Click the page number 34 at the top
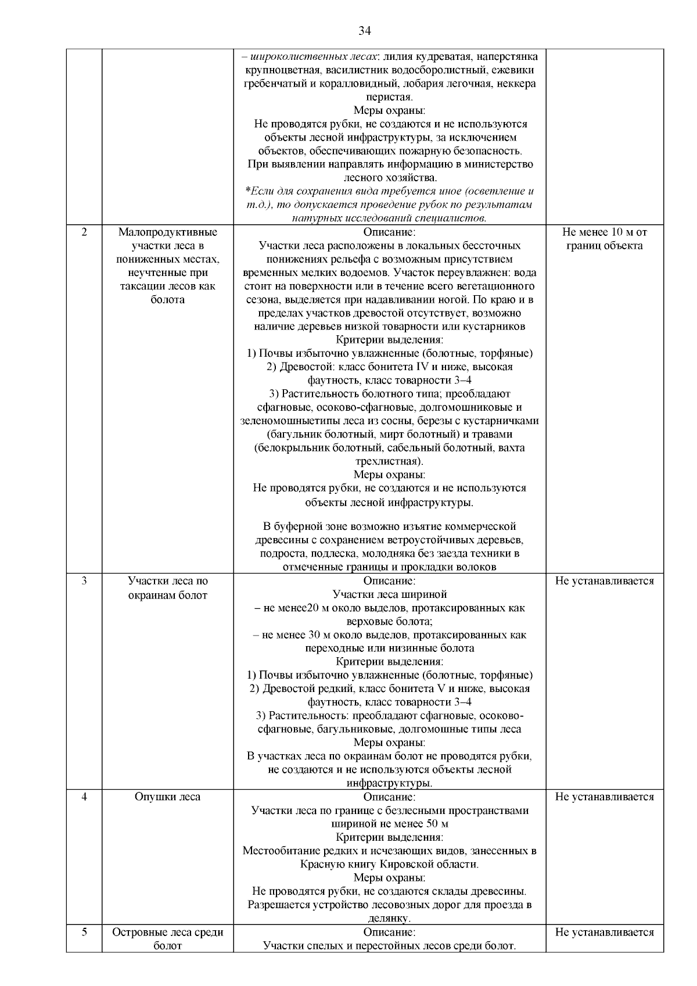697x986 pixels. pyautogui.click(x=364, y=31)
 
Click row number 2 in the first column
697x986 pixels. pyautogui.click(x=84, y=232)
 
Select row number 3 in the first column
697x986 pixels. pyautogui.click(x=84, y=581)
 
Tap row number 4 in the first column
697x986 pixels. pyautogui.click(x=84, y=797)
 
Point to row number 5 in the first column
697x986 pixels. pyautogui.click(x=84, y=932)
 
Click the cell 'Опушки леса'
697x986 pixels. pyautogui.click(x=167, y=797)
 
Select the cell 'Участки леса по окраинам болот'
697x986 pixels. pyautogui.click(x=167, y=588)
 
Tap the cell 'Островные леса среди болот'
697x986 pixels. pyautogui.click(x=167, y=939)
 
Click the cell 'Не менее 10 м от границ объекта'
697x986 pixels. pyautogui.click(x=604, y=239)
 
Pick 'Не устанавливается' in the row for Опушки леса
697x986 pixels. pyautogui.click(x=604, y=797)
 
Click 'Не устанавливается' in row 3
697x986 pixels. pyautogui.click(x=604, y=581)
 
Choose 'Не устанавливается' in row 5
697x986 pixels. pyautogui.click(x=604, y=932)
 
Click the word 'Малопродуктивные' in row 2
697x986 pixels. pyautogui.click(x=167, y=232)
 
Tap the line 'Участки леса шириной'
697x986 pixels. pyautogui.click(x=389, y=594)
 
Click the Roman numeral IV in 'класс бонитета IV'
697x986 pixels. pyautogui.click(x=422, y=367)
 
